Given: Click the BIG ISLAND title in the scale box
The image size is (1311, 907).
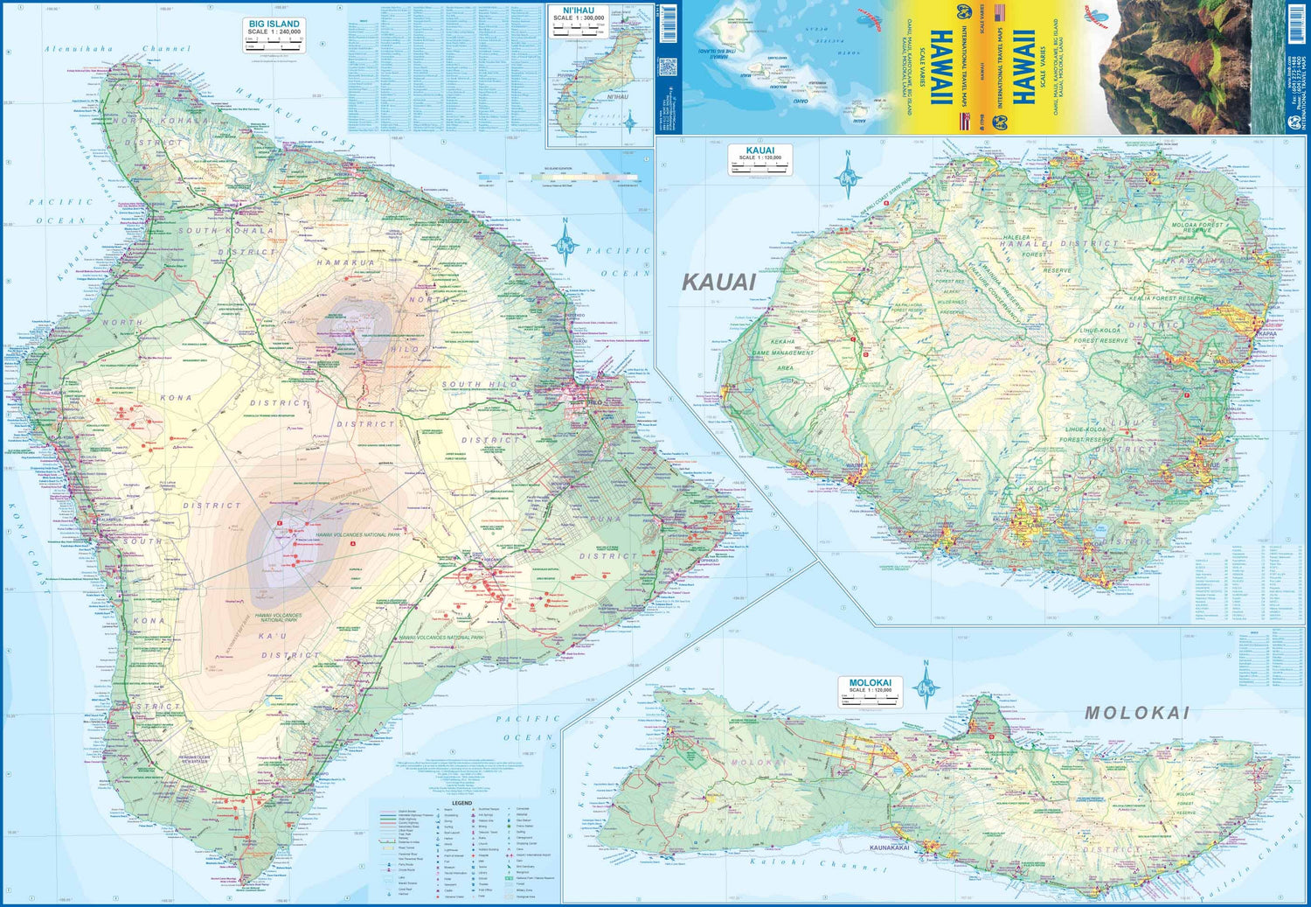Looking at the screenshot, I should [274, 24].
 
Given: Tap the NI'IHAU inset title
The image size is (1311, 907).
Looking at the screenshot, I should [578, 10].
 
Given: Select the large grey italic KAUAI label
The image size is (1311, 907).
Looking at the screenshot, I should [718, 282].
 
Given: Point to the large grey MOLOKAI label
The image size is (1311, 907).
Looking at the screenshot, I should [1137, 713].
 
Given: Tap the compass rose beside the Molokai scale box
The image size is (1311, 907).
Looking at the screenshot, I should [926, 686].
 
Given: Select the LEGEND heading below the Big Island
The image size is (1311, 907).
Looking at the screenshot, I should [461, 803].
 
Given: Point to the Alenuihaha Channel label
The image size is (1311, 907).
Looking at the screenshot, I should [117, 49].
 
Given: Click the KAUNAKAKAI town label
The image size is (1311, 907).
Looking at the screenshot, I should [889, 848].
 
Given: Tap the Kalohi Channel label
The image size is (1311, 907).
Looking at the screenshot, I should [813, 864].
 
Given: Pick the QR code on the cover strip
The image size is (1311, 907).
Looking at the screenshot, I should [667, 67].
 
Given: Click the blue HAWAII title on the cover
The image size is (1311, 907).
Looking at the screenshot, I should [1023, 67].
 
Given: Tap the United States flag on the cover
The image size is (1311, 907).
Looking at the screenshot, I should [1000, 12].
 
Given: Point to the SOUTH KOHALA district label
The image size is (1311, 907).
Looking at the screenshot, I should [225, 231].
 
